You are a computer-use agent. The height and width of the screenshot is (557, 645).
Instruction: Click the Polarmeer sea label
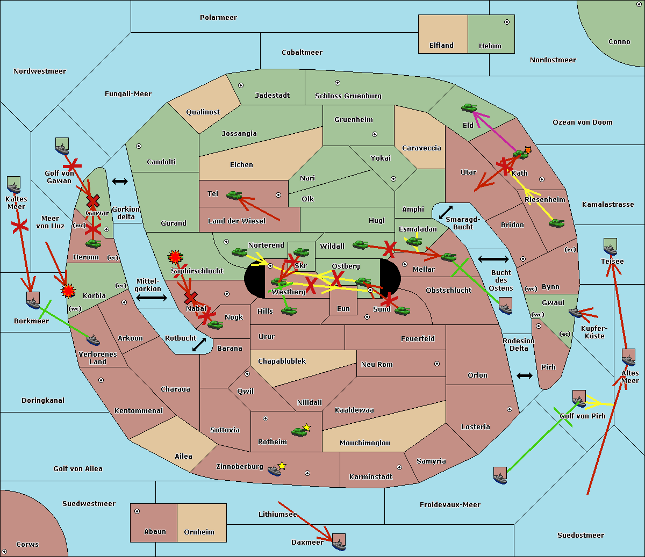click(x=218, y=18)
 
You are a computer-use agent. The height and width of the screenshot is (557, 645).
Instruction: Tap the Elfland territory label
click(x=441, y=46)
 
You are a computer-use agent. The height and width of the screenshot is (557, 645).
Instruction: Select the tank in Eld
click(x=469, y=108)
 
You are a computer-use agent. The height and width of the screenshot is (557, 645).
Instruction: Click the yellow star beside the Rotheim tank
click(x=306, y=428)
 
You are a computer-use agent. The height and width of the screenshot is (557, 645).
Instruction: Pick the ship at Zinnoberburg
click(x=275, y=471)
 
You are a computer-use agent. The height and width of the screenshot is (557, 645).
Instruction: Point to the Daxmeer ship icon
click(x=339, y=542)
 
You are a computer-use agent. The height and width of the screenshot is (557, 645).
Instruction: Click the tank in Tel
click(x=234, y=196)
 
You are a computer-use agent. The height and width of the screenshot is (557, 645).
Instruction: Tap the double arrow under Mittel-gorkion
click(x=151, y=298)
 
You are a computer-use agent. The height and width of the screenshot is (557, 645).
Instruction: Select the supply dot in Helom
click(x=506, y=22)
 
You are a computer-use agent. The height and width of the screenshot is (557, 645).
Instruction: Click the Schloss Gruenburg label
click(x=348, y=96)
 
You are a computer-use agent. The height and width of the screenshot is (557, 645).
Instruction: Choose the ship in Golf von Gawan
click(x=62, y=146)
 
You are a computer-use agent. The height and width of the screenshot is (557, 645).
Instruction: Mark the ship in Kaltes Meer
click(x=13, y=185)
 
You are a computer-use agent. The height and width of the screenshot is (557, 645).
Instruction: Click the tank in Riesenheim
click(x=556, y=223)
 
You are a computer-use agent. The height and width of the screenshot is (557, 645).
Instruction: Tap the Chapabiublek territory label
click(x=282, y=361)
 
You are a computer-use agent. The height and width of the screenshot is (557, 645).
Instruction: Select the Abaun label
click(x=155, y=532)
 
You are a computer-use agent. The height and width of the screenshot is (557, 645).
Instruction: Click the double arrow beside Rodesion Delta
click(x=525, y=375)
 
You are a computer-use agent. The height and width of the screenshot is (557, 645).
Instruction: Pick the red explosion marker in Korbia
click(x=68, y=291)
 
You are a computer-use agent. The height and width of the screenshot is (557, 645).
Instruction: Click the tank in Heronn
click(x=94, y=244)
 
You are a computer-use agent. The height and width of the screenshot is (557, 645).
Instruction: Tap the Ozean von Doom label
click(x=582, y=122)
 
